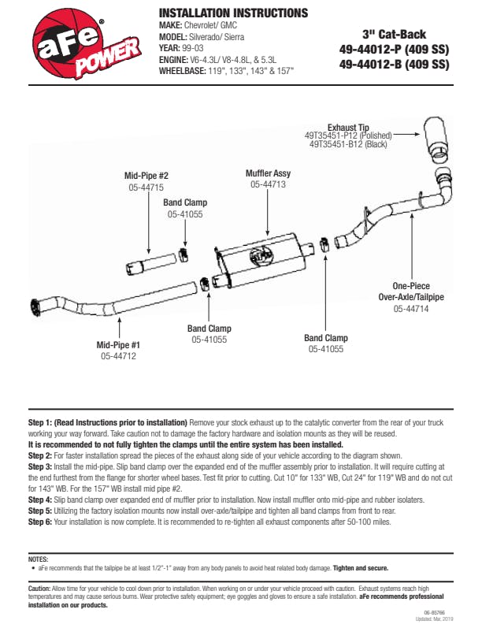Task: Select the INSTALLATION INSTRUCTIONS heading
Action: [x=233, y=13]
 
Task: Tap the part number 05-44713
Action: [x=268, y=184]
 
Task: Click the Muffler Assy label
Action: [x=268, y=173]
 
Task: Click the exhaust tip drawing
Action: [x=438, y=142]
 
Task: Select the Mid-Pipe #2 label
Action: [x=146, y=176]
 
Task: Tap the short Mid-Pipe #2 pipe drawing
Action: [x=154, y=262]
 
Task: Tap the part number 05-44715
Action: [x=146, y=188]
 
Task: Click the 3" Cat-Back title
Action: [x=394, y=34]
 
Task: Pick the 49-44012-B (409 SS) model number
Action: [x=394, y=65]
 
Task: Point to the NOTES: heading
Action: [x=38, y=558]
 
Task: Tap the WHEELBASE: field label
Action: [x=183, y=70]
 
